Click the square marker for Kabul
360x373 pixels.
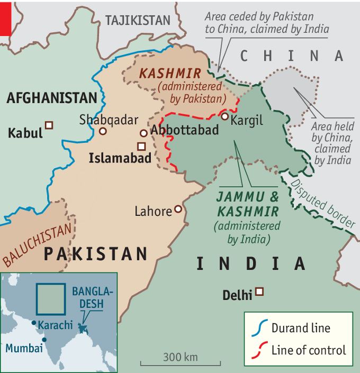[49, 125]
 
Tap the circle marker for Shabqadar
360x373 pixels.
[103, 131]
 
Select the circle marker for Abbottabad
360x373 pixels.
[143, 133]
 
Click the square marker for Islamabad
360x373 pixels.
[141, 146]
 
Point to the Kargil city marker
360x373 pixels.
[225, 116]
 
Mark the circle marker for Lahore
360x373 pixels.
[178, 210]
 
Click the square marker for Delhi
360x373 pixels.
[259, 291]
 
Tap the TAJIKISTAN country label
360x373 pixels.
[138, 21]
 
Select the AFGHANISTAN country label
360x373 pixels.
[51, 98]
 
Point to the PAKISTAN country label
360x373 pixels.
[95, 254]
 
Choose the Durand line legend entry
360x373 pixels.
[300, 328]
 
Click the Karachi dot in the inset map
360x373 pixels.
[33, 322]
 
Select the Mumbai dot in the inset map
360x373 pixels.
[44, 339]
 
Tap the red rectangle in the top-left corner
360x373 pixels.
[5, 17]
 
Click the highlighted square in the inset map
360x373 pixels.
[51, 299]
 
